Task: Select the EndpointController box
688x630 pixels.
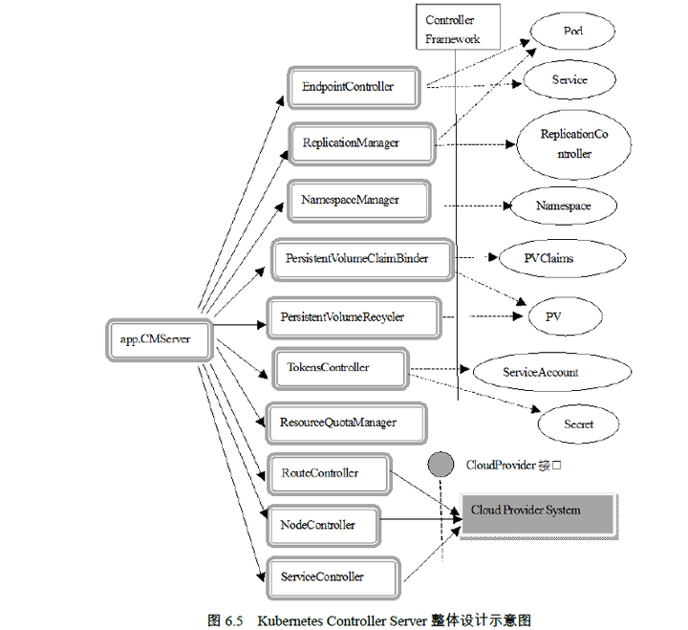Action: (x=355, y=87)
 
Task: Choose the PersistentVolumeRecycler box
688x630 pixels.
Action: (x=354, y=317)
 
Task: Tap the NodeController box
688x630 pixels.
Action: (x=324, y=525)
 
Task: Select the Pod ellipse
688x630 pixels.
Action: (x=572, y=32)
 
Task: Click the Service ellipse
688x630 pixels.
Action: (x=570, y=80)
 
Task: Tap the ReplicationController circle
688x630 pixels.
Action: (x=572, y=144)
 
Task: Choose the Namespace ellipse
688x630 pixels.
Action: (x=563, y=206)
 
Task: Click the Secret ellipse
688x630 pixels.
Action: (x=578, y=424)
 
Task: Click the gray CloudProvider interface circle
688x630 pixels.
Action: (x=441, y=465)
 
